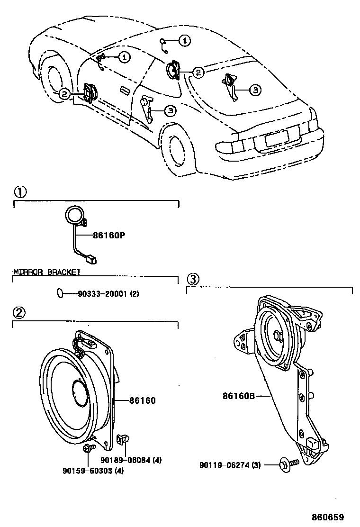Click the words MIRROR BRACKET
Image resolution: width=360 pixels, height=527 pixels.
click(x=47, y=272)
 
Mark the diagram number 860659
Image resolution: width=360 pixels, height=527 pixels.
click(x=327, y=517)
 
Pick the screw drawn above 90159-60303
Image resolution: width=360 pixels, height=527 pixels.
click(x=87, y=449)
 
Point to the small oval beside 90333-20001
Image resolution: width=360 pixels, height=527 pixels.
click(x=59, y=294)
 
